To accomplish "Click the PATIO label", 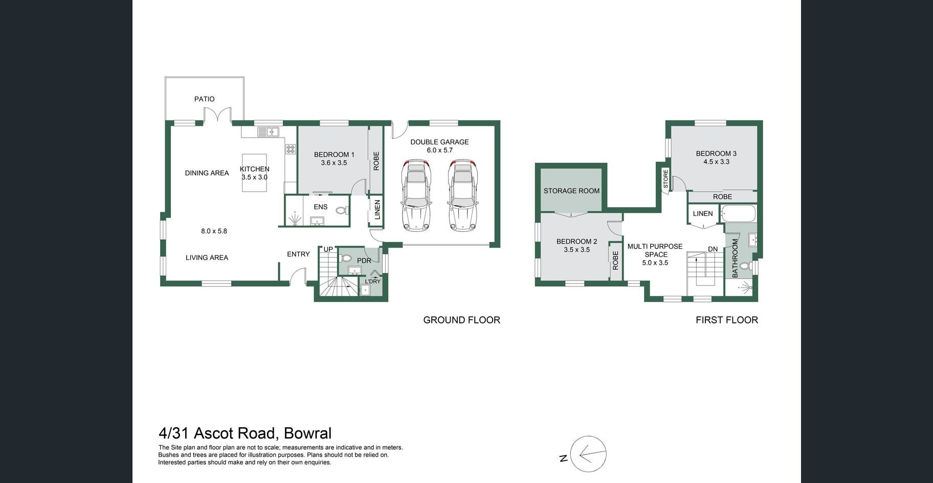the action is (204, 99).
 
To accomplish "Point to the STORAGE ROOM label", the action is (571, 191).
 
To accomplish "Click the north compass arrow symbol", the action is (588, 454).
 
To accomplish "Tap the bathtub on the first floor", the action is (738, 214).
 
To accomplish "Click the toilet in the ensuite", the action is (342, 210).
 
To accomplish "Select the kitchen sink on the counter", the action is (268, 132).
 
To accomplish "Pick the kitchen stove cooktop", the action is (291, 149).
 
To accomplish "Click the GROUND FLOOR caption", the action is (461, 320).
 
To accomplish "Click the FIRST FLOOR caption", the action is (727, 320).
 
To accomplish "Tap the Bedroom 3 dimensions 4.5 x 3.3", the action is (716, 162).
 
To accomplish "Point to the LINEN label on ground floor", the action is (377, 210).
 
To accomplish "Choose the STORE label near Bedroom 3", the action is (665, 179).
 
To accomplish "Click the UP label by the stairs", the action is (328, 250).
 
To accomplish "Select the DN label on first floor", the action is (713, 249).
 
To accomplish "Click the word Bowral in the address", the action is (307, 433).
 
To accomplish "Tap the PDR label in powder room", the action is (364, 261).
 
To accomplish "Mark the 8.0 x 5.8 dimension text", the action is (214, 231).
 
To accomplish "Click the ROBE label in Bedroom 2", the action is (615, 260).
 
